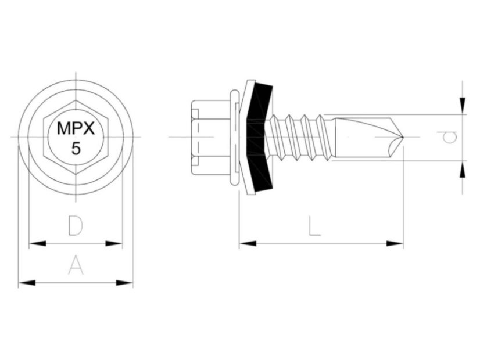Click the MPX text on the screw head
click(76, 128)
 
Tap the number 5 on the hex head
click(76, 148)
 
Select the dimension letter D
click(74, 225)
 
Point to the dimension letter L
click(314, 226)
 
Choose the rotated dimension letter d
click(449, 137)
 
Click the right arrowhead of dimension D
click(116, 243)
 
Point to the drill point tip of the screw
click(402, 137)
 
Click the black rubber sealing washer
click(260, 138)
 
